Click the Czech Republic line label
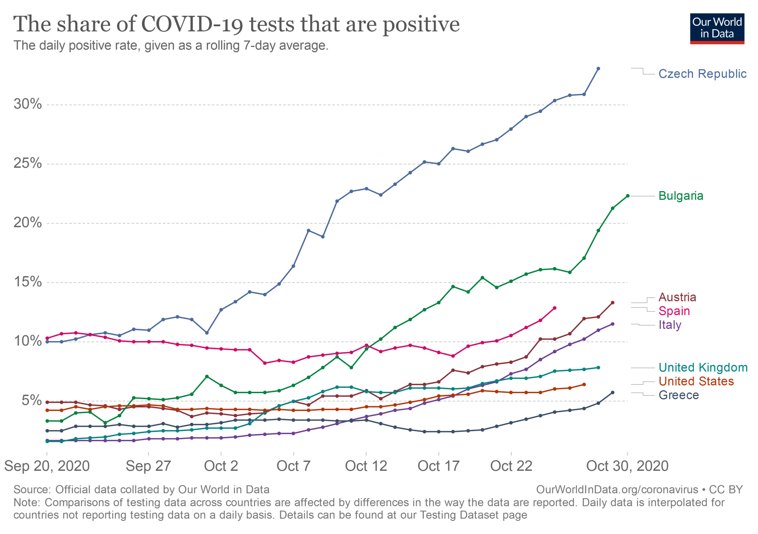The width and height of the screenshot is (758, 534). [x=702, y=74]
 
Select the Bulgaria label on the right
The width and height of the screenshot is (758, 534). [x=681, y=196]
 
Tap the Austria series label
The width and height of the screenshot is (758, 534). [x=677, y=297]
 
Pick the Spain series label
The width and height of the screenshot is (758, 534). [x=674, y=311]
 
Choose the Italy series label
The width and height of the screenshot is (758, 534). [x=670, y=325]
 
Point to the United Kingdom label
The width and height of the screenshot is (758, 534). [x=703, y=368]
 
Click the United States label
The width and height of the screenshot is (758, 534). [x=696, y=381]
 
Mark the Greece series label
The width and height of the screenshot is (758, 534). [x=678, y=395]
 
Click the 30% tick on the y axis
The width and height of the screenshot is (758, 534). [x=28, y=105]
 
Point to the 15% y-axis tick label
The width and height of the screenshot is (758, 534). [x=28, y=282]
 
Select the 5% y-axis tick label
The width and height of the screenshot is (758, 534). [x=31, y=401]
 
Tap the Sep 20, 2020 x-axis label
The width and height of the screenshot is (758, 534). [x=47, y=466]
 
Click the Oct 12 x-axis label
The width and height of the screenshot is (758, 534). [x=366, y=466]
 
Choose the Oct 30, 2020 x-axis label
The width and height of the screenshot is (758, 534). [x=627, y=466]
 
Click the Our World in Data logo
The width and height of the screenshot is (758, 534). [x=717, y=29]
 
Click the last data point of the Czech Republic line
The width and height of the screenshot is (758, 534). [x=598, y=69]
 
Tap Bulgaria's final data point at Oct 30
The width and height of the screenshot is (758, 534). [x=627, y=196]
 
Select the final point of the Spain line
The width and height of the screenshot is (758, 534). [x=554, y=308]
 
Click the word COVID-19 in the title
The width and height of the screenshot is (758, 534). [x=192, y=24]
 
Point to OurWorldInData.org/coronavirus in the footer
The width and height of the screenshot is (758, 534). [x=617, y=490]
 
